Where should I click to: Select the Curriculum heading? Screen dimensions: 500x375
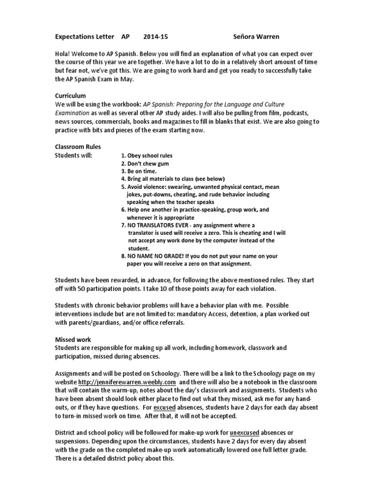click(x=70, y=96)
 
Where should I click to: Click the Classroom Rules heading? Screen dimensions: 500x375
click(x=78, y=146)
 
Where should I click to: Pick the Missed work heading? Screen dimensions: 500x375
click(x=73, y=339)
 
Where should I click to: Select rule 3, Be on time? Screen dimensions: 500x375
click(x=139, y=171)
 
